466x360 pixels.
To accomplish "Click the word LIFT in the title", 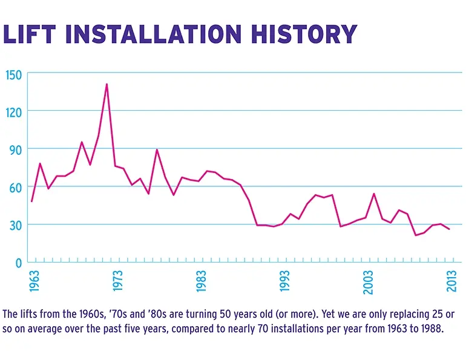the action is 30,34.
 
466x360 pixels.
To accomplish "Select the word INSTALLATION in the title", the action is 154,34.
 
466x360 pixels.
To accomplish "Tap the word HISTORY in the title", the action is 304,34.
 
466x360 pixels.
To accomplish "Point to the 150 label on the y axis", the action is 14,75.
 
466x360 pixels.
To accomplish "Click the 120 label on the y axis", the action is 14,113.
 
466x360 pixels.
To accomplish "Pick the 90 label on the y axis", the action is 16,151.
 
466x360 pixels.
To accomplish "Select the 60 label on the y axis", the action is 16,188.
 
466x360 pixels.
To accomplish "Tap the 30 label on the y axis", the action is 16,226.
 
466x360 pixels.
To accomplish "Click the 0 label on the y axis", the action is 19,263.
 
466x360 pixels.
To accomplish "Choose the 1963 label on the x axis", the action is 34,281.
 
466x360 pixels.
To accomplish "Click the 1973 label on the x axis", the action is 117,281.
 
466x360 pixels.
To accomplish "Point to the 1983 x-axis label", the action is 201,281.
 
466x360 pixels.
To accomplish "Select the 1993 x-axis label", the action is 284,281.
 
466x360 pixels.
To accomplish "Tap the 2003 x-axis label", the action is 368,282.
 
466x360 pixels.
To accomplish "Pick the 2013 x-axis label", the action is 451,281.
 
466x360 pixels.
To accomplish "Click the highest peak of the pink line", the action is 107,84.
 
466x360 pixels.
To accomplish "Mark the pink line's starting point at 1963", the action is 31,201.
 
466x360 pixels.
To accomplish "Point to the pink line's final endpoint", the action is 449,229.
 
